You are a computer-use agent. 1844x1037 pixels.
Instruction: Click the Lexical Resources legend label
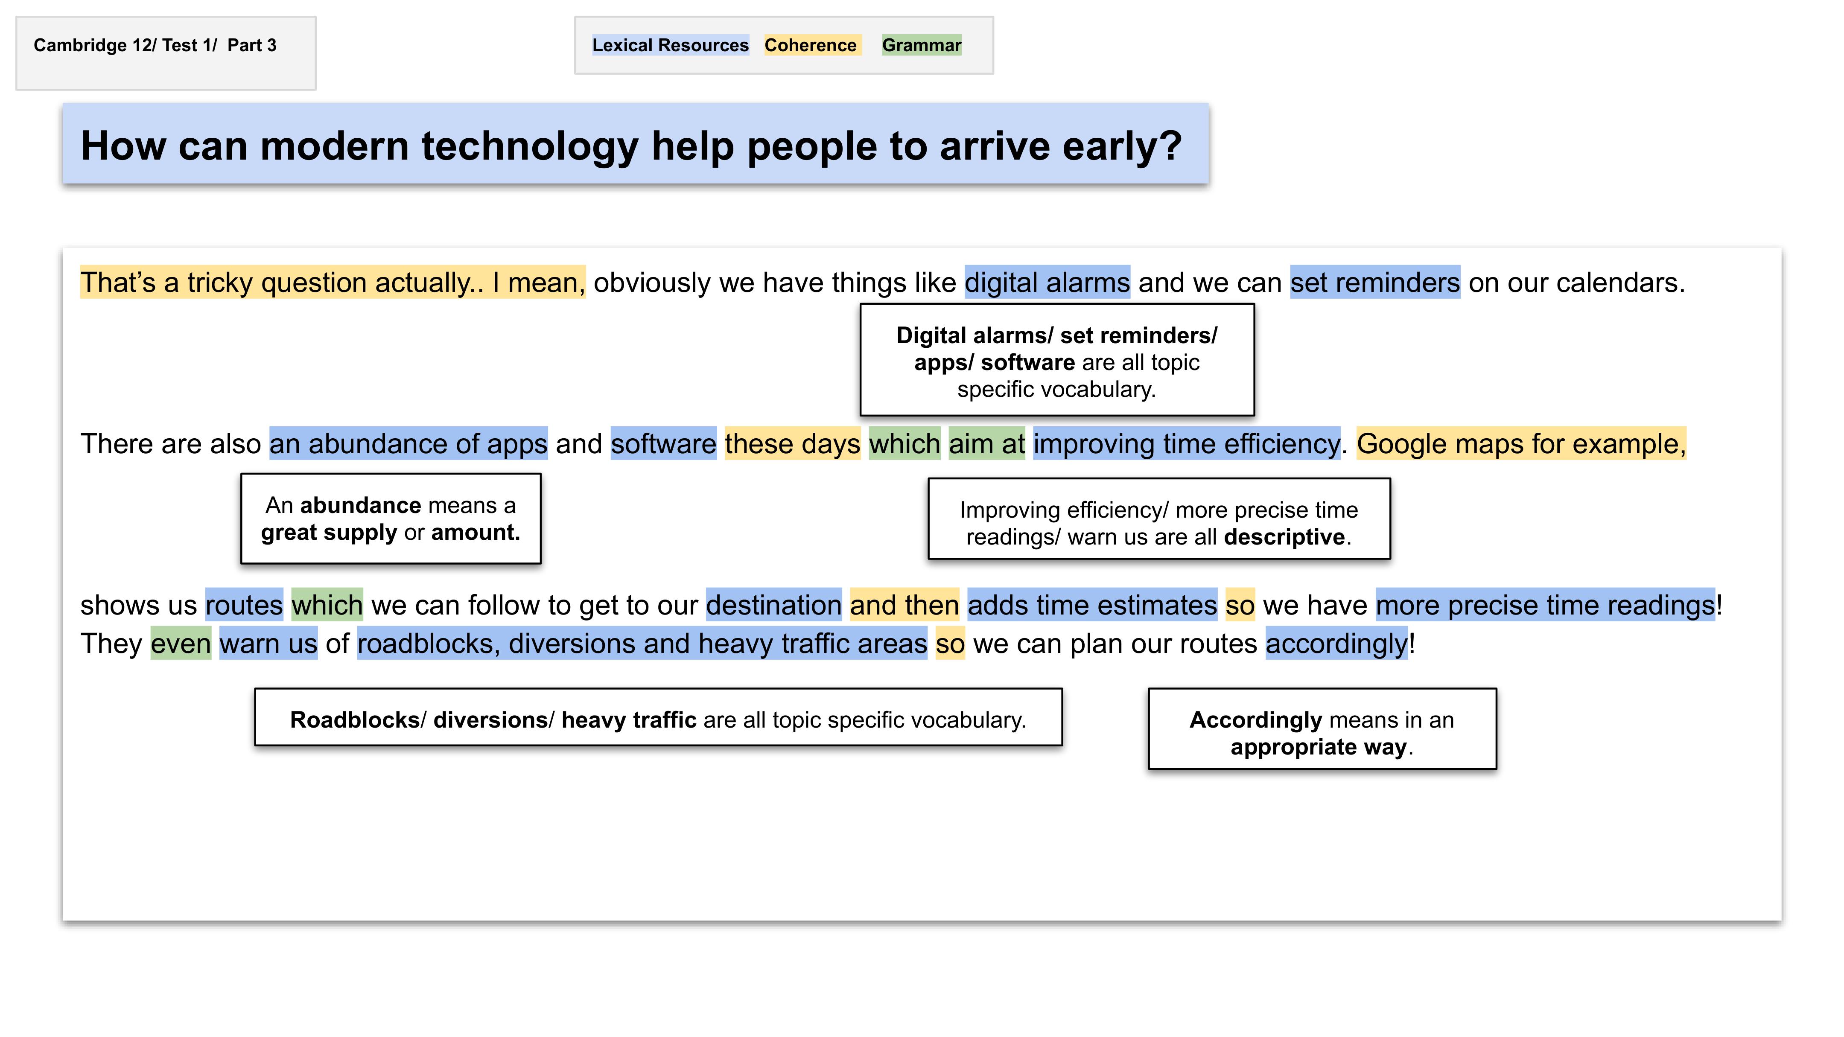point(670,45)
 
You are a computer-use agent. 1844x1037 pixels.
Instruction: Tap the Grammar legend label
point(921,45)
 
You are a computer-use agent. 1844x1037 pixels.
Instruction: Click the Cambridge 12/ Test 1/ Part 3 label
point(155,45)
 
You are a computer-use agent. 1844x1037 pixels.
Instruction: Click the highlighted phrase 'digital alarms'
point(1047,283)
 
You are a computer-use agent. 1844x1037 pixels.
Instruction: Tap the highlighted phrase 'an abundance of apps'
point(408,444)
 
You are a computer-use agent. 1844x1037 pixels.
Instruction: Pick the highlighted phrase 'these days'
point(792,444)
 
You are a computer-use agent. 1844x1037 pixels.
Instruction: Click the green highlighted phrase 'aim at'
point(986,444)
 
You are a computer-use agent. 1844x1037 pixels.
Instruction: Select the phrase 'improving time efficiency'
point(1187,444)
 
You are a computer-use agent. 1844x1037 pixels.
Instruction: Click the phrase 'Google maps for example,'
point(1521,444)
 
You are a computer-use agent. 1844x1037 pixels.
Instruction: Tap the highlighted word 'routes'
point(244,606)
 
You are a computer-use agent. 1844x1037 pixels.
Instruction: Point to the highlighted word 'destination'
point(774,606)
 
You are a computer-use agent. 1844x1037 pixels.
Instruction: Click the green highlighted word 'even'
point(181,644)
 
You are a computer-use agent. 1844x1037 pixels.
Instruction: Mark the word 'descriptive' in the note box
point(1284,537)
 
